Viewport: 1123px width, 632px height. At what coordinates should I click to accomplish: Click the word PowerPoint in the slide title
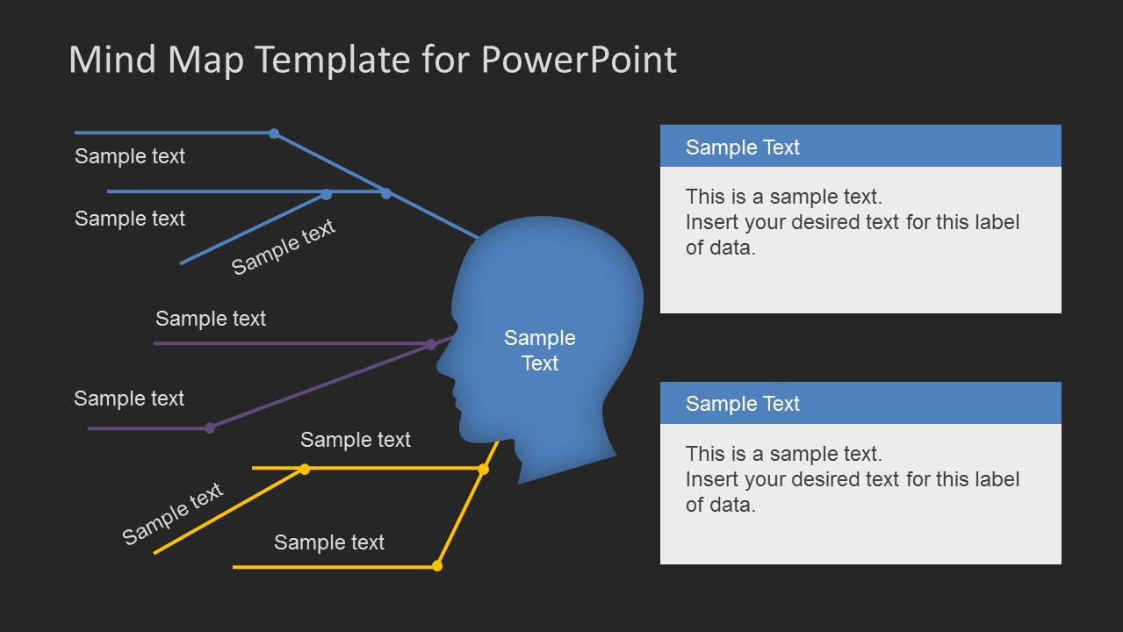click(x=579, y=60)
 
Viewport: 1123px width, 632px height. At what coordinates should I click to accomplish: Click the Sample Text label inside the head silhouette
click(x=540, y=350)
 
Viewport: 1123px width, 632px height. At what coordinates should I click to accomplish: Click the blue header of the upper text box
click(x=860, y=147)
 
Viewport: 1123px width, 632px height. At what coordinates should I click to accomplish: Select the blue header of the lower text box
click(x=860, y=403)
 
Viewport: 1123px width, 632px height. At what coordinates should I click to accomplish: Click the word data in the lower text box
click(x=731, y=505)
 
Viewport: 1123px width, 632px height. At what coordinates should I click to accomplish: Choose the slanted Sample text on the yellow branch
click(x=173, y=513)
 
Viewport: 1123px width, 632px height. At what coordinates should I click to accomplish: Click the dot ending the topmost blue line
click(x=274, y=133)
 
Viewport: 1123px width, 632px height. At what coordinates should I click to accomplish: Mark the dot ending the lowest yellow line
click(x=437, y=566)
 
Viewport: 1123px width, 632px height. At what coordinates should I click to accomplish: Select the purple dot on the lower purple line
click(x=210, y=428)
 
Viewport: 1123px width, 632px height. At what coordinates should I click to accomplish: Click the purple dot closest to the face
click(x=431, y=344)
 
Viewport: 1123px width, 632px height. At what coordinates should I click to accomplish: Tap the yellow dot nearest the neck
click(x=483, y=470)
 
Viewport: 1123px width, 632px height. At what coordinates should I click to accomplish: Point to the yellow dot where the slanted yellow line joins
click(x=305, y=469)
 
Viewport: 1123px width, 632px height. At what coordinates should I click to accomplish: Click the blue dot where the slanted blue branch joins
click(x=326, y=194)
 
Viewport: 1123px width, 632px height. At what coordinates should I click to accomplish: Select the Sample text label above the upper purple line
click(x=211, y=319)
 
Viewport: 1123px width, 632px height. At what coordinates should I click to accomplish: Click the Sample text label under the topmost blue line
click(x=130, y=156)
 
